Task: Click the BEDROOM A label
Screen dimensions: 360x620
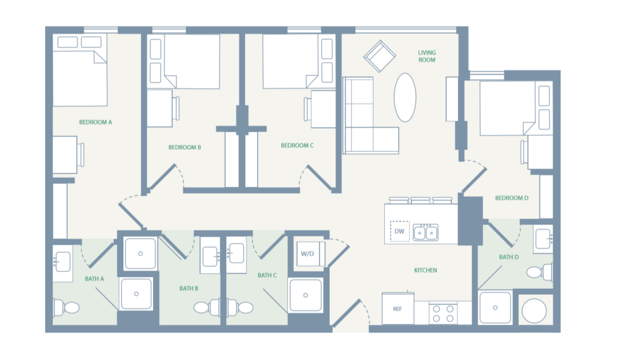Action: [x=95, y=122]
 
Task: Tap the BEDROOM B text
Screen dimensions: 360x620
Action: [x=185, y=147]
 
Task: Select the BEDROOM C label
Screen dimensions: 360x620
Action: [x=297, y=145]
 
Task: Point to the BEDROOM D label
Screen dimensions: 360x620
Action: [x=511, y=198]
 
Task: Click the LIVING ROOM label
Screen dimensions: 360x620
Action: [x=426, y=57]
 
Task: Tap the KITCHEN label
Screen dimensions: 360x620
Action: [x=426, y=270]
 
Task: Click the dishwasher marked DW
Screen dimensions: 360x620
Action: [x=399, y=232]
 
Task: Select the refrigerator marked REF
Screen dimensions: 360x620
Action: [x=398, y=309]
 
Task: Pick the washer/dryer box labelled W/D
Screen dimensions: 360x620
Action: [x=307, y=254]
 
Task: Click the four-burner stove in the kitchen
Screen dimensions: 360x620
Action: [x=443, y=313]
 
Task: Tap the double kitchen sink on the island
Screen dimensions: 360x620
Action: [x=426, y=233]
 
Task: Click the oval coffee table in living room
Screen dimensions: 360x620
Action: [x=405, y=97]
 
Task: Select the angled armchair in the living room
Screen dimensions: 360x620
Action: [x=379, y=57]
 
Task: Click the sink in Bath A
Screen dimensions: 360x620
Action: [x=63, y=260]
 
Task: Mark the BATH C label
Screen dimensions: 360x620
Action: [x=267, y=276]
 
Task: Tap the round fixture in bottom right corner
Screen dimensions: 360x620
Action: [x=534, y=311]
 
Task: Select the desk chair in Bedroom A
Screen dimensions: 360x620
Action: [x=81, y=154]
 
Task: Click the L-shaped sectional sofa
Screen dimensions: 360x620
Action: [x=365, y=121]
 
